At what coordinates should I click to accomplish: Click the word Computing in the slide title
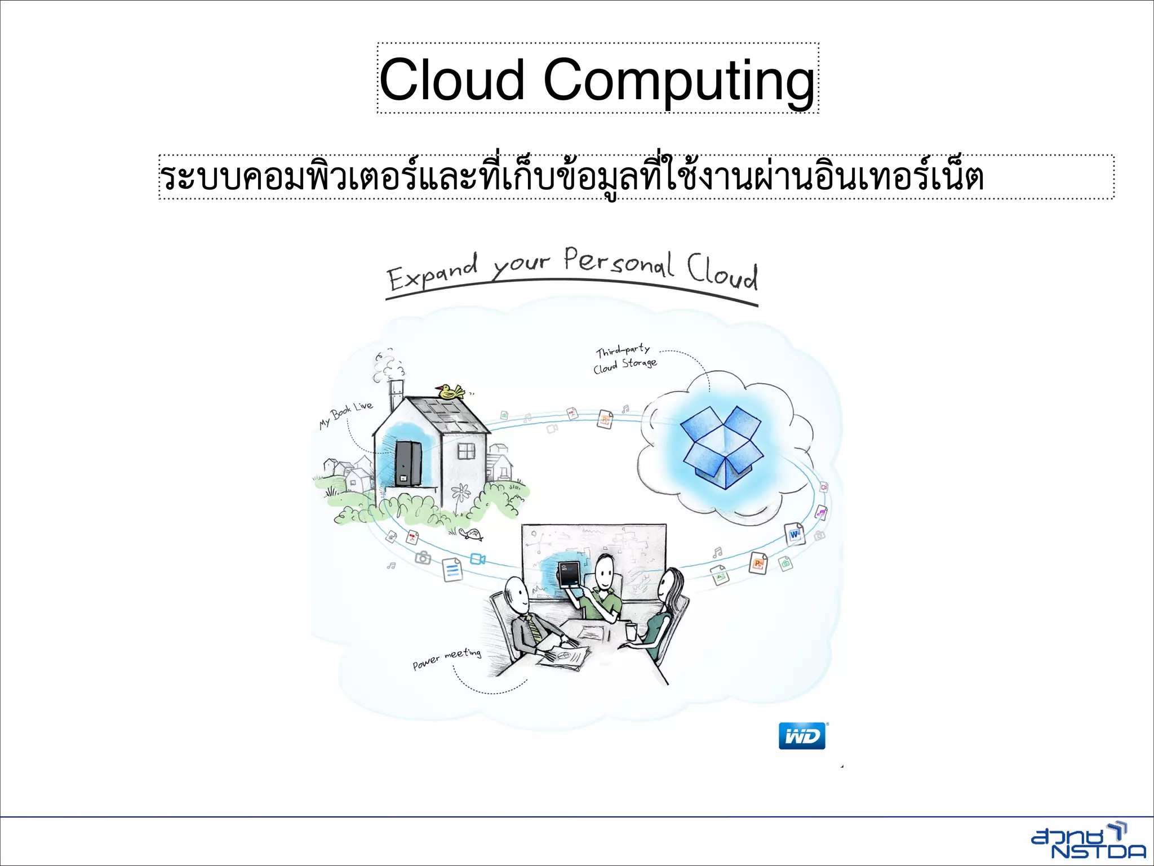click(x=679, y=81)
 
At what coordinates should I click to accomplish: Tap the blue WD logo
click(x=802, y=736)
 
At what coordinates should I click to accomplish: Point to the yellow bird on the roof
click(x=450, y=390)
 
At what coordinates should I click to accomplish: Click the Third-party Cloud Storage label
click(x=624, y=359)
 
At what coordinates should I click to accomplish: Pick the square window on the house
click(x=466, y=451)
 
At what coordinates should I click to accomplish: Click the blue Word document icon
click(x=795, y=533)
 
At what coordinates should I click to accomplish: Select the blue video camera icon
click(x=478, y=559)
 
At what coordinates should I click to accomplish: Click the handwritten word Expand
click(x=432, y=273)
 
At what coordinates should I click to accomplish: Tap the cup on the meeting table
click(x=631, y=631)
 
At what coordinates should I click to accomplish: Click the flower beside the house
click(x=461, y=492)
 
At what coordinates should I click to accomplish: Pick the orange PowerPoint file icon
click(x=758, y=563)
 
